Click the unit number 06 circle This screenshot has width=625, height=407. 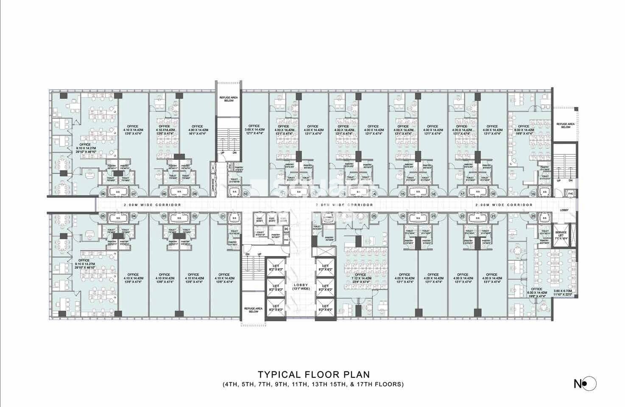[x=103, y=194]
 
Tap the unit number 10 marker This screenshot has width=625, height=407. [x=246, y=194]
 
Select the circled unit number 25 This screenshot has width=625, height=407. [x=374, y=216]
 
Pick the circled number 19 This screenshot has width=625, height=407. [x=533, y=194]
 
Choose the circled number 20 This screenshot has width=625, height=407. [x=533, y=216]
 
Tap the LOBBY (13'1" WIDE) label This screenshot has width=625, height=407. [x=300, y=287]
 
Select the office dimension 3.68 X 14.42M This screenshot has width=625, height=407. [x=254, y=130]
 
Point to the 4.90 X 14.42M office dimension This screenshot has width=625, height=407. [x=197, y=130]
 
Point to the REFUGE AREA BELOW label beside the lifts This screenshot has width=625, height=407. [x=254, y=309]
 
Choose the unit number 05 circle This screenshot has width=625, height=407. [x=103, y=216]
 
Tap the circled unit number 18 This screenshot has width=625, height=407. [x=493, y=194]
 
